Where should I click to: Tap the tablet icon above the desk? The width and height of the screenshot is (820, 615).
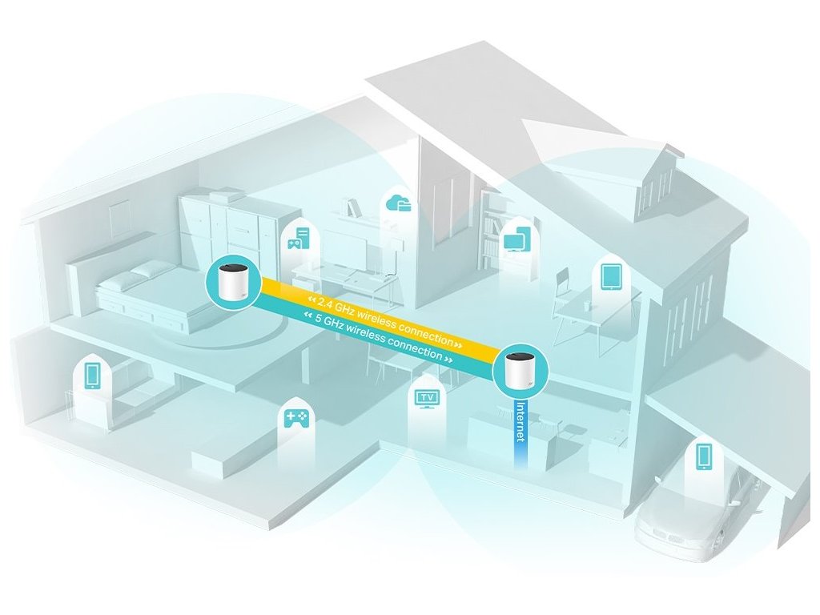[x=612, y=276]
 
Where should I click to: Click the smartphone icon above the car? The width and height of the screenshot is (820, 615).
[x=704, y=456]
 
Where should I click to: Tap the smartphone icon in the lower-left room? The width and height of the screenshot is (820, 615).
[x=91, y=375]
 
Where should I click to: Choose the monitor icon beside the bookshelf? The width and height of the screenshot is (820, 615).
[x=515, y=238]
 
